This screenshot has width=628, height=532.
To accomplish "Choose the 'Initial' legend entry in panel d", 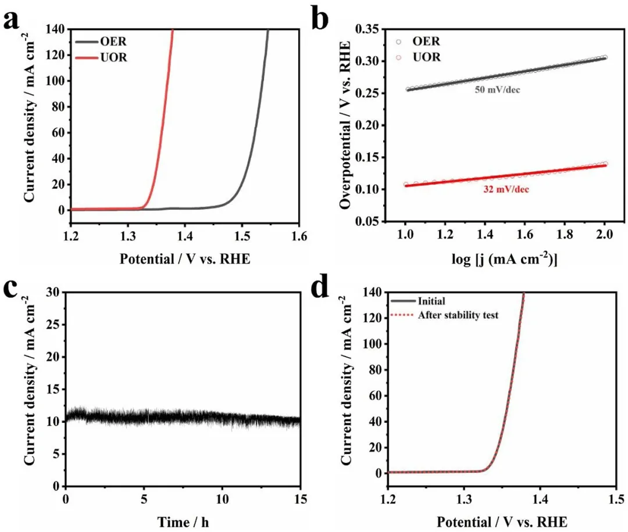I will (431, 301).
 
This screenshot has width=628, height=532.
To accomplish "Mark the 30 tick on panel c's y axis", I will (53, 292).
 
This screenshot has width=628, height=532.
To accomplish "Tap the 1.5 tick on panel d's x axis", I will (616, 499).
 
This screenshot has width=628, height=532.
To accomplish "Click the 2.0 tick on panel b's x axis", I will (605, 237).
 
